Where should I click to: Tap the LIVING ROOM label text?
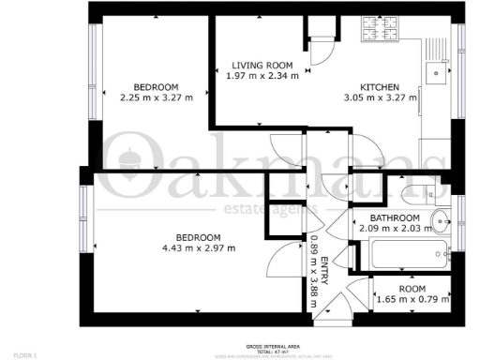263,65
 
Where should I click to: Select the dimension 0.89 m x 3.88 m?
313,265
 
